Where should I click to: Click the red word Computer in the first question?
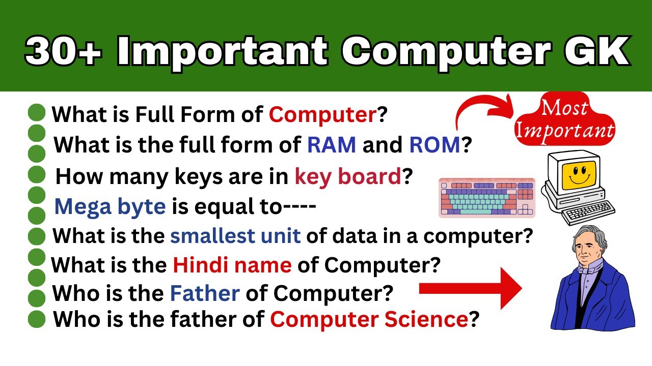[322, 115]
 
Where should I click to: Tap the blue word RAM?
[331, 145]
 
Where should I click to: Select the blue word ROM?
[434, 145]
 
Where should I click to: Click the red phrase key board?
[348, 176]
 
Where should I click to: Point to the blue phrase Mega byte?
[110, 206]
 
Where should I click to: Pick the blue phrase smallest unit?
[235, 236]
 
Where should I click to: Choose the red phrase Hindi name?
[232, 265]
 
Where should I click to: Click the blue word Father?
[205, 293]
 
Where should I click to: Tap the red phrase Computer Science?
[369, 320]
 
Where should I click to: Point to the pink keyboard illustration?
[487, 198]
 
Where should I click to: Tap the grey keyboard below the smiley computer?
[589, 212]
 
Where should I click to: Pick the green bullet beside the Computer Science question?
[37, 320]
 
